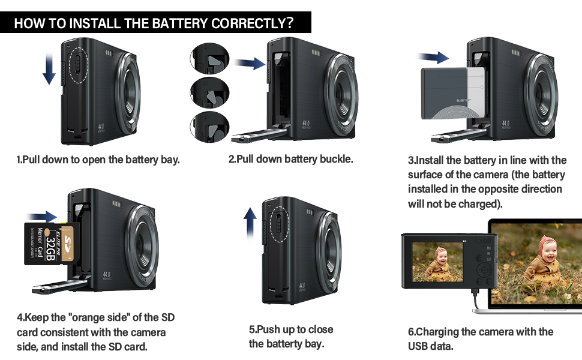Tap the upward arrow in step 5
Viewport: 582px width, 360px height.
[x=250, y=226]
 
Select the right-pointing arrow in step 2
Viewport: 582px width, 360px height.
[x=250, y=63]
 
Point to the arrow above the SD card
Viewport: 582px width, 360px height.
[x=42, y=215]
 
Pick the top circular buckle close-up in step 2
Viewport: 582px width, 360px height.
[x=210, y=58]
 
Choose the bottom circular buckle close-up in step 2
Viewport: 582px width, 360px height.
[x=210, y=127]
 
